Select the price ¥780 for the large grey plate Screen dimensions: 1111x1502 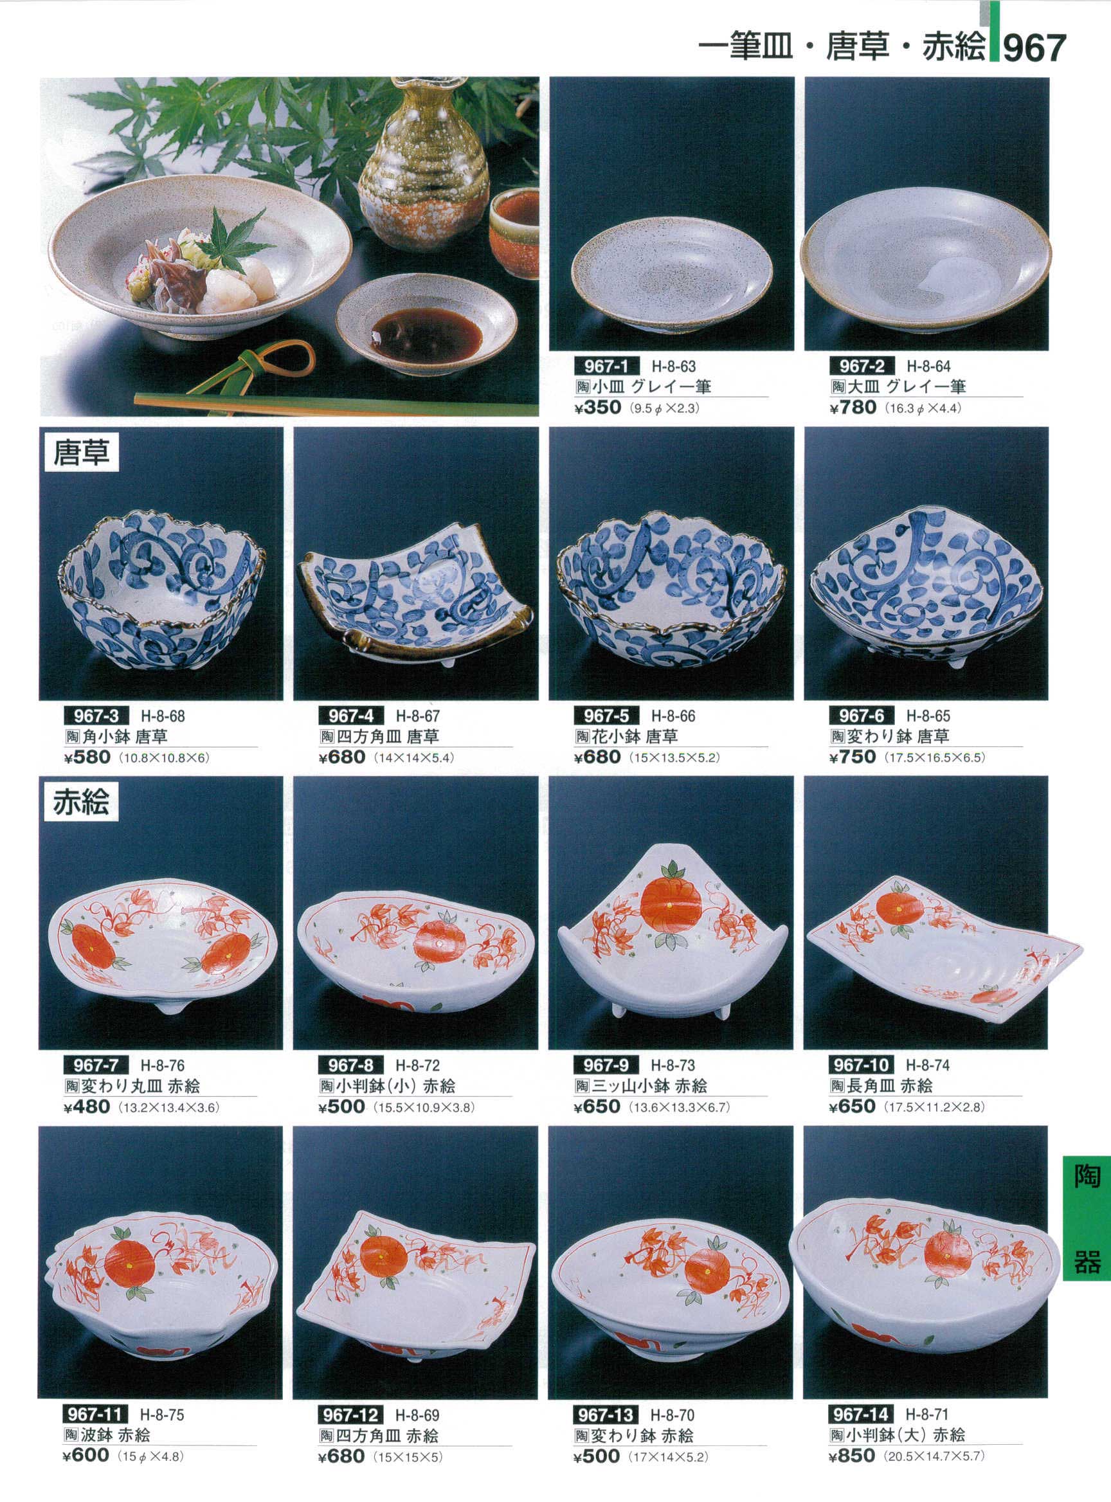853,408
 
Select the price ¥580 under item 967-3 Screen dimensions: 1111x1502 87,757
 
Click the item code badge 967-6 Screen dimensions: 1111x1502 862,715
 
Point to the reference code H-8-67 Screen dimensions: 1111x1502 418,716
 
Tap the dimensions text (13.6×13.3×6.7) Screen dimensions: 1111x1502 679,1107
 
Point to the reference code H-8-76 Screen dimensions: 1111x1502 163,1065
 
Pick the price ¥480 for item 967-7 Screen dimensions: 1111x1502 87,1107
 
